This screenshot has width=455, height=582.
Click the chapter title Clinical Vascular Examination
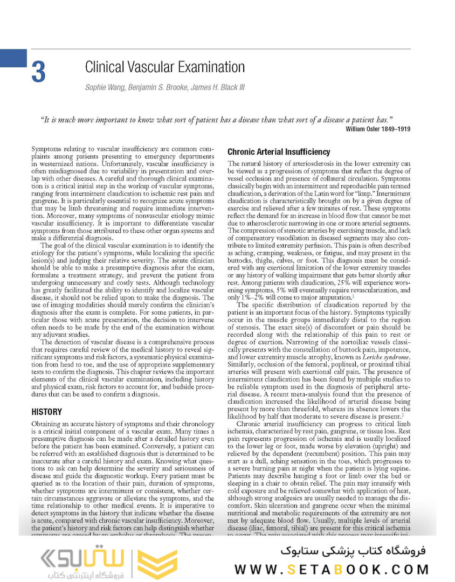click(x=165, y=67)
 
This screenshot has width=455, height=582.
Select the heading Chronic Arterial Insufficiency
click(x=279, y=151)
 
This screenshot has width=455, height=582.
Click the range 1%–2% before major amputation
click(x=245, y=297)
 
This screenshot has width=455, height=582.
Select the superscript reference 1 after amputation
click(x=353, y=295)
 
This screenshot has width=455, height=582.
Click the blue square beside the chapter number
click(x=13, y=58)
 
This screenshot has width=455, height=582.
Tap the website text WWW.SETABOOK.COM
click(x=332, y=569)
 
